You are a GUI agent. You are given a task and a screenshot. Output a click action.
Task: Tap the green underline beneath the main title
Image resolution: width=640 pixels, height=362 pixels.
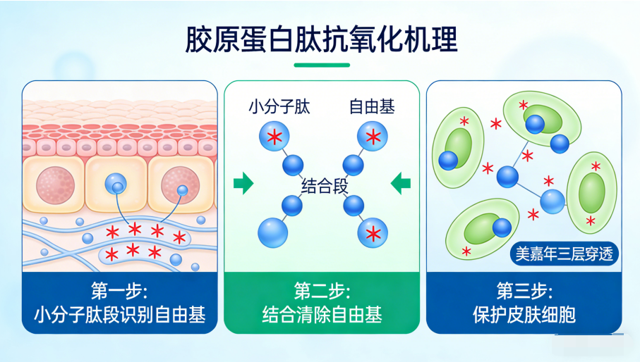pyautogui.click(x=321, y=65)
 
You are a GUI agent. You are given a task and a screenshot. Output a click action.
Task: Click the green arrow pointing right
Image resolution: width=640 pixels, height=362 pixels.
pyautogui.click(x=243, y=183)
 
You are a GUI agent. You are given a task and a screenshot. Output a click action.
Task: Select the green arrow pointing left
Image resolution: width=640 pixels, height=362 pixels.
pyautogui.click(x=401, y=183)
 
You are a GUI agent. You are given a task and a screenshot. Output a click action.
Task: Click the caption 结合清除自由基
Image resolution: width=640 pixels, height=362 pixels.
pyautogui.click(x=322, y=315)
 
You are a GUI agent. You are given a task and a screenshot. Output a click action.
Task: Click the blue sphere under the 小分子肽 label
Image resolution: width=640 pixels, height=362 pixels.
pyautogui.click(x=274, y=136)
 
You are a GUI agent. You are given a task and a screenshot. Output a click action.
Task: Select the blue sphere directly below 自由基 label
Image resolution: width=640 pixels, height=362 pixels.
pyautogui.click(x=372, y=136)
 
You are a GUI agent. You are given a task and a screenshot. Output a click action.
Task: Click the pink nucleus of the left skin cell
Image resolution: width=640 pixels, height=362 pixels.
pyautogui.click(x=55, y=185)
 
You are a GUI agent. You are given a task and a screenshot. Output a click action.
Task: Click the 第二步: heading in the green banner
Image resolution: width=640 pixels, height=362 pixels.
pyautogui.click(x=322, y=291)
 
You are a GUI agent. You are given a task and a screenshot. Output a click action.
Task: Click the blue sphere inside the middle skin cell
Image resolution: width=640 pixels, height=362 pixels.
pyautogui.click(x=116, y=185)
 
